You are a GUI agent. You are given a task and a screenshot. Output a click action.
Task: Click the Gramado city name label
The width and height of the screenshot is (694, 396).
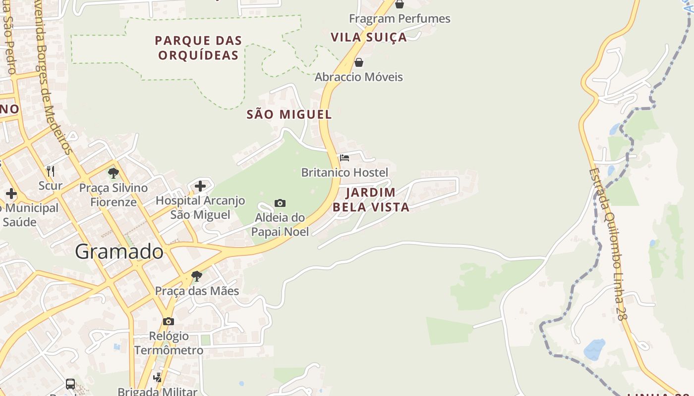tap(119, 252)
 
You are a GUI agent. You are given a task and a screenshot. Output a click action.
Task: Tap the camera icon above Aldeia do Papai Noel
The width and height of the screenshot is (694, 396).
tap(280, 203)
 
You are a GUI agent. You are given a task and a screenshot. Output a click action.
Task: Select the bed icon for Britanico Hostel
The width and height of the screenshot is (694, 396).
tap(345, 158)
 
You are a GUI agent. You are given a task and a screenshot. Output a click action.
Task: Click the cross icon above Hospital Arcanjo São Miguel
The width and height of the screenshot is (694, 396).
tap(200, 186)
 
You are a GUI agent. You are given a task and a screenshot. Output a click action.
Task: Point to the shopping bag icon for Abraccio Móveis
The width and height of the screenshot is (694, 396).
tap(359, 62)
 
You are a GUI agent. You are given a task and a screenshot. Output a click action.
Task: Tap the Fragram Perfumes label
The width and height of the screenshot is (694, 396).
tap(400, 19)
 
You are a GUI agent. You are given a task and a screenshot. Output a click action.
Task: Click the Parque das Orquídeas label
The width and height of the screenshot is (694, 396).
tap(198, 48)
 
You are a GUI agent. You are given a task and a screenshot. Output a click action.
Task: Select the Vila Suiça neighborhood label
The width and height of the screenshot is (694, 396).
tap(368, 37)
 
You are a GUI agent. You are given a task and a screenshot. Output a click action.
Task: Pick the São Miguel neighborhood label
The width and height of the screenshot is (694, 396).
tap(289, 114)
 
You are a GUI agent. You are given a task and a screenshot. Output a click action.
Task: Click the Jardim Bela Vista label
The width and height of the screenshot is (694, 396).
tap(371, 199)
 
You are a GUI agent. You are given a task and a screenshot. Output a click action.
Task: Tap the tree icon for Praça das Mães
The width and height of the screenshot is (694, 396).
tap(197, 276)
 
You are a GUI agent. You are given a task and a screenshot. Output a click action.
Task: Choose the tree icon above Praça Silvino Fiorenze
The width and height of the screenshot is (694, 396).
tap(114, 173)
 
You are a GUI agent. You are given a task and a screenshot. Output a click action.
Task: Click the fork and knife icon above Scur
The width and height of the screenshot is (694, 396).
tap(51, 171)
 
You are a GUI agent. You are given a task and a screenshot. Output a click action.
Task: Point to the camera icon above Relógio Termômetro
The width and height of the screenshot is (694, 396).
tap(169, 321)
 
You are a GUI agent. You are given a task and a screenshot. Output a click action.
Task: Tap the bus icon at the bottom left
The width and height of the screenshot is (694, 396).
tap(70, 384)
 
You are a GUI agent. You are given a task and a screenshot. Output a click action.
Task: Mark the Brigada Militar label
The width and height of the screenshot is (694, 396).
tap(157, 391)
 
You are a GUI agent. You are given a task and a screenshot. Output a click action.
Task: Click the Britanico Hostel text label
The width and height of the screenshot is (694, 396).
tap(345, 172)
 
